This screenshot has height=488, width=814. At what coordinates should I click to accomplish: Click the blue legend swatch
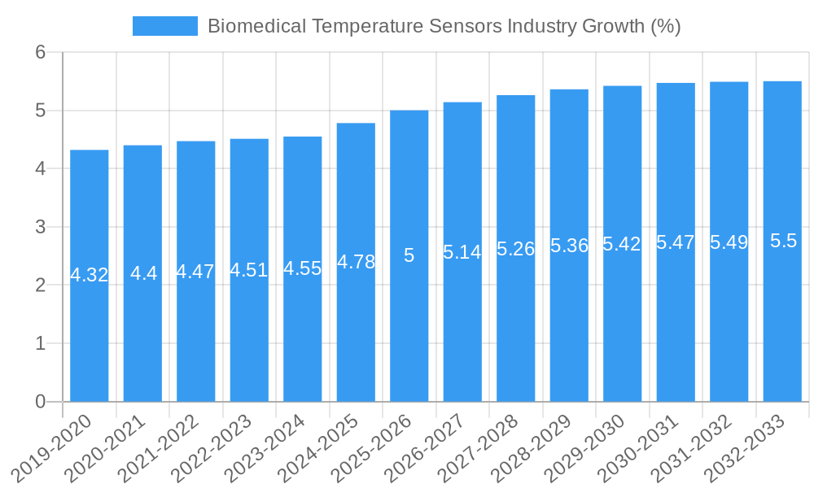(x=164, y=26)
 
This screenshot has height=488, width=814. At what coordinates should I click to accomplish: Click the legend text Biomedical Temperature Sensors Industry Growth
(x=444, y=26)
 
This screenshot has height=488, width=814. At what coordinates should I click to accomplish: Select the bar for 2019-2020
(x=90, y=325)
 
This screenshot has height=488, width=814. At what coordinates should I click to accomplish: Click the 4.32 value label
(x=90, y=275)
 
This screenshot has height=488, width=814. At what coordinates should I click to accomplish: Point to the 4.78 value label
(x=356, y=262)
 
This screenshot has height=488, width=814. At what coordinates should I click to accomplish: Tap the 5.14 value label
(x=462, y=252)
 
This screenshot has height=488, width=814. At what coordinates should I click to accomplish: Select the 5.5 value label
(x=783, y=241)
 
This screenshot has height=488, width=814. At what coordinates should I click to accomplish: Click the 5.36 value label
(x=569, y=246)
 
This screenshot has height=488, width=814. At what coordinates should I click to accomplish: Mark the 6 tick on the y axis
(x=40, y=52)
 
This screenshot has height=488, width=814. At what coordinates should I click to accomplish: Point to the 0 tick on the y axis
(x=40, y=402)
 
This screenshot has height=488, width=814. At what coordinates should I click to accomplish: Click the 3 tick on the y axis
(x=40, y=227)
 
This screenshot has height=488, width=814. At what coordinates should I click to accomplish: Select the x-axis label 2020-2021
(x=107, y=448)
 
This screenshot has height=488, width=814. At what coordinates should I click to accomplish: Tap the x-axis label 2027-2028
(x=479, y=448)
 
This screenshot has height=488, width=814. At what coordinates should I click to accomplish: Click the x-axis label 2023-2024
(x=266, y=448)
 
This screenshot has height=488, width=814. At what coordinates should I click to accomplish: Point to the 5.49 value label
(x=729, y=242)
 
